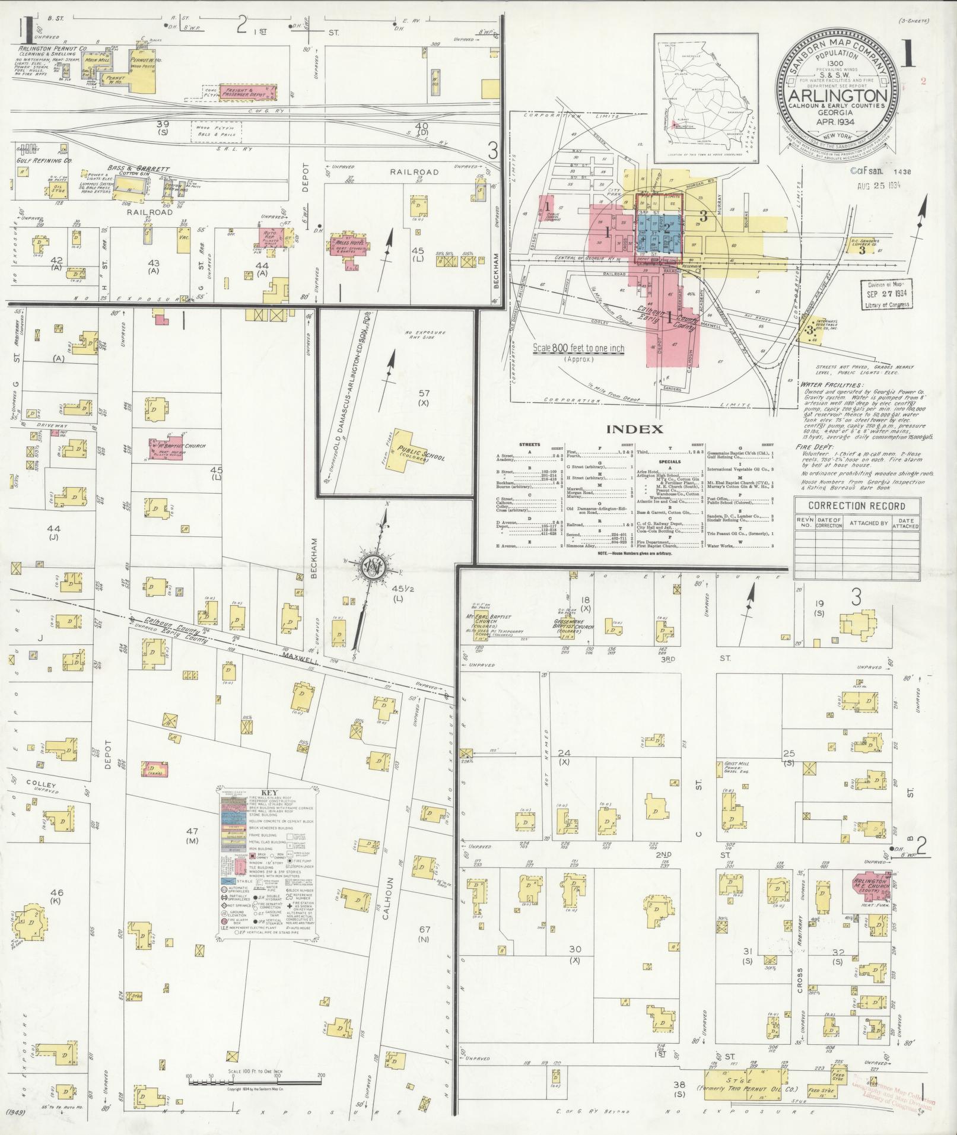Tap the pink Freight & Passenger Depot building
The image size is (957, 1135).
249,92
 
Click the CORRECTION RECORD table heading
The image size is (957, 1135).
856,506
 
